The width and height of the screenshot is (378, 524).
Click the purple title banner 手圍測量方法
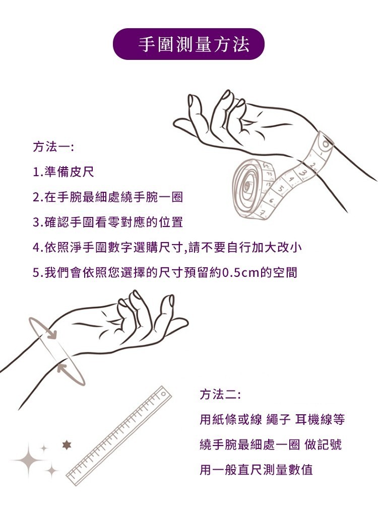(x=188, y=44)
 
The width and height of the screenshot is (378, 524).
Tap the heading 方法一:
(x=53, y=147)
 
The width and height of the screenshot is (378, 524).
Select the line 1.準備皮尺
(x=64, y=172)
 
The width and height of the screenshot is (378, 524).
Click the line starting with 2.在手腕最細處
(x=108, y=197)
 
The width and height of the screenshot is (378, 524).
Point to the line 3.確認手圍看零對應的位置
(x=108, y=222)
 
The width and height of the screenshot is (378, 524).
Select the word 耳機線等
(x=320, y=419)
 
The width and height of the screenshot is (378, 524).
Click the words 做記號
(x=323, y=445)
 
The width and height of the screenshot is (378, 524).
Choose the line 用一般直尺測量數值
(x=256, y=470)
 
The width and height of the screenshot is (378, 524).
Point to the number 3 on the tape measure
(x=303, y=173)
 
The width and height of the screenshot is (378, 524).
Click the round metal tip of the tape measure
(x=325, y=143)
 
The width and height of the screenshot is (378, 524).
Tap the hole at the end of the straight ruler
(x=163, y=394)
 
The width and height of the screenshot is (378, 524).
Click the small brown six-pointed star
(x=67, y=445)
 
